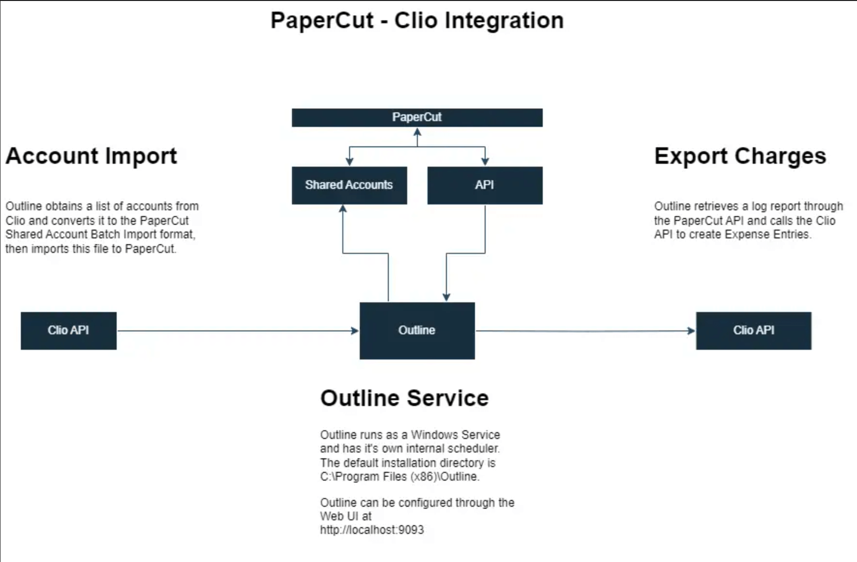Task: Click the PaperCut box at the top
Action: pos(417,117)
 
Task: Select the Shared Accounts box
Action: pos(349,185)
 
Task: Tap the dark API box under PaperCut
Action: pos(485,185)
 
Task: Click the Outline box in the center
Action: pos(417,330)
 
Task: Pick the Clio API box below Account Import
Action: pos(68,330)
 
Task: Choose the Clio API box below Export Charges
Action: pos(753,330)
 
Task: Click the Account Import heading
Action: pos(91,156)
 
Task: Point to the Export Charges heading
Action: pos(740,156)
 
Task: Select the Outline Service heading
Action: pos(404,398)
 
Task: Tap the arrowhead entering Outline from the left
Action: pos(355,331)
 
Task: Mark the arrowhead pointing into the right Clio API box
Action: pos(691,331)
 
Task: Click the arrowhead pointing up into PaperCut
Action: pos(417,131)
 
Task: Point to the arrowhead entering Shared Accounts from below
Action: pos(343,208)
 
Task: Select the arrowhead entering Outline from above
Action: pos(446,297)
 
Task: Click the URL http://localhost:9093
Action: pos(372,530)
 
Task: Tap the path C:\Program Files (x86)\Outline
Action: pos(399,477)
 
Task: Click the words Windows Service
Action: pos(455,435)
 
